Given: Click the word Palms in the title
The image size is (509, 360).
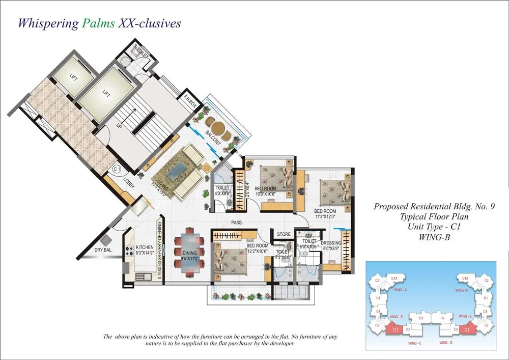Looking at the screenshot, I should [x=98, y=23].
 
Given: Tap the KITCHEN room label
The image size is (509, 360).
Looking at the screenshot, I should [x=144, y=247].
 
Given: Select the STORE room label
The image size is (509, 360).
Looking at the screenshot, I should [x=284, y=234].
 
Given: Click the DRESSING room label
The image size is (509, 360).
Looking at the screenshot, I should [x=331, y=243].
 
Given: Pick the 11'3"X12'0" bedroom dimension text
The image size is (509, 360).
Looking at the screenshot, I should [x=325, y=216].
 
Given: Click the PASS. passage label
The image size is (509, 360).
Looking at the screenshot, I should [x=236, y=223].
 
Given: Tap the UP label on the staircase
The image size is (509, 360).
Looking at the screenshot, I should [x=119, y=125].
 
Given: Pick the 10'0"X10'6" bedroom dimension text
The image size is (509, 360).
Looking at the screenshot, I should [x=265, y=194].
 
